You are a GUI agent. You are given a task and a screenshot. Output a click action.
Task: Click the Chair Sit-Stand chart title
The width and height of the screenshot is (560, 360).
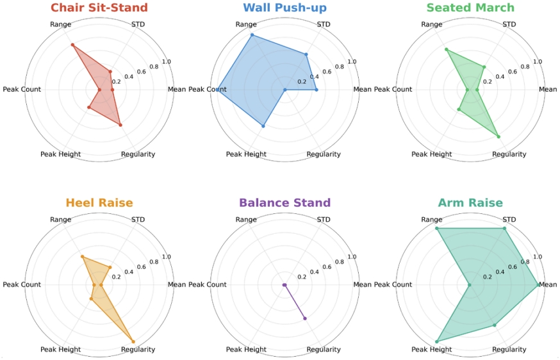coord(103,8)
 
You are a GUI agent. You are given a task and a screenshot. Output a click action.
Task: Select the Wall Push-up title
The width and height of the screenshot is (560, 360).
coord(284,8)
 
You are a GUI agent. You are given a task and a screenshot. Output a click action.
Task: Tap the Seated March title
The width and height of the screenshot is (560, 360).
coord(470,8)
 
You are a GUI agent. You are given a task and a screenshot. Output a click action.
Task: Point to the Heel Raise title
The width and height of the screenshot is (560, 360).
coord(99,203)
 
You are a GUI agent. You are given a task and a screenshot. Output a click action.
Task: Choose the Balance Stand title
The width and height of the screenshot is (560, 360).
coord(284,203)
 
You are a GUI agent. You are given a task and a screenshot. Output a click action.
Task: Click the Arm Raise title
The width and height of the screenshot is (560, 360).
coord(470,203)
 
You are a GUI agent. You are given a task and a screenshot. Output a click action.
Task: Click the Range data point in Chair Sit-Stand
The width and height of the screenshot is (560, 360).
coord(72,45)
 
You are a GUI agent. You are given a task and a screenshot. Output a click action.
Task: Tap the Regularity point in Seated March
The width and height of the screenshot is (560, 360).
coord(498,136)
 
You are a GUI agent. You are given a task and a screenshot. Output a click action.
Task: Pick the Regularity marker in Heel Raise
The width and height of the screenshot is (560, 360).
coord(133,340)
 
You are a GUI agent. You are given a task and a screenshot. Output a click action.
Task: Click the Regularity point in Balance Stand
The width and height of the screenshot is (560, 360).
coord(305,318)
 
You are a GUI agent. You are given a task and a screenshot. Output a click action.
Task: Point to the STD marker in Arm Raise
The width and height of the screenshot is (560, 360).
coord(504,229)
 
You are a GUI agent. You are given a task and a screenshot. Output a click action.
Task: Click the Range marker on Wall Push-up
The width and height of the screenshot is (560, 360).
coord(252,35)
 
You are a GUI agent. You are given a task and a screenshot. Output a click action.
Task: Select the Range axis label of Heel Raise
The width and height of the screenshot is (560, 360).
coord(60,220)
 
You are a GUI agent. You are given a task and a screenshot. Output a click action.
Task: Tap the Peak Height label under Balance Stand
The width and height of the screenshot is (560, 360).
coord(246,349)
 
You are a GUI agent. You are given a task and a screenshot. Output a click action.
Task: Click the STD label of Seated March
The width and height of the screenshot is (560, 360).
coord(509,25)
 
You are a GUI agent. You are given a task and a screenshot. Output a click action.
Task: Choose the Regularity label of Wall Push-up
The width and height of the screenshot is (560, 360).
coord(324,154)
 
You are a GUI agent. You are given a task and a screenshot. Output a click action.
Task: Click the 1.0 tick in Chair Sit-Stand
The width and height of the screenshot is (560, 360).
coord(167,61)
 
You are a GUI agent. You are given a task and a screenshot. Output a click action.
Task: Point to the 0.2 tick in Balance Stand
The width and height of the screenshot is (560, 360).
coord(302,277)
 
